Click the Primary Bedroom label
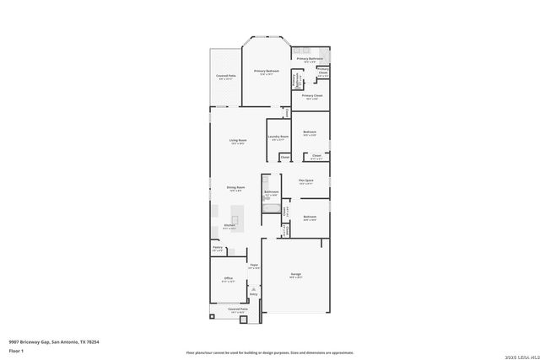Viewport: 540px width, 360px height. pyautogui.click(x=267, y=72)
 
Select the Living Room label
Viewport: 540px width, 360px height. pyautogui.click(x=238, y=141)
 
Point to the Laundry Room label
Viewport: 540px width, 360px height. pyautogui.click(x=278, y=137)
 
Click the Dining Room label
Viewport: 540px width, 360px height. pyautogui.click(x=235, y=187)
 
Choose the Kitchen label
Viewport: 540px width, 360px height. pyautogui.click(x=229, y=226)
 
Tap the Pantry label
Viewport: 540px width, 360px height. pyautogui.click(x=217, y=249)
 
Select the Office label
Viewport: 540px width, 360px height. pyautogui.click(x=228, y=279)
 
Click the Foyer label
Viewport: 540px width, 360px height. pyautogui.click(x=253, y=266)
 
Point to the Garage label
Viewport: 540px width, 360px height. pyautogui.click(x=296, y=275)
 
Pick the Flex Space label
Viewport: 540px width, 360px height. pyautogui.click(x=306, y=180)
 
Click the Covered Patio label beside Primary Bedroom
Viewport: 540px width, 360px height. pyautogui.click(x=225, y=77)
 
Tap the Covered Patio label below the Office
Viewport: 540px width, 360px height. pyautogui.click(x=238, y=310)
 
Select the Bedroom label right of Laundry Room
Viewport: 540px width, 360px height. pyautogui.click(x=310, y=132)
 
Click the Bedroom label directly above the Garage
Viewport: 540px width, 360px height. pyautogui.click(x=310, y=218)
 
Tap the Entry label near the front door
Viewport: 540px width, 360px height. pyautogui.click(x=253, y=294)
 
